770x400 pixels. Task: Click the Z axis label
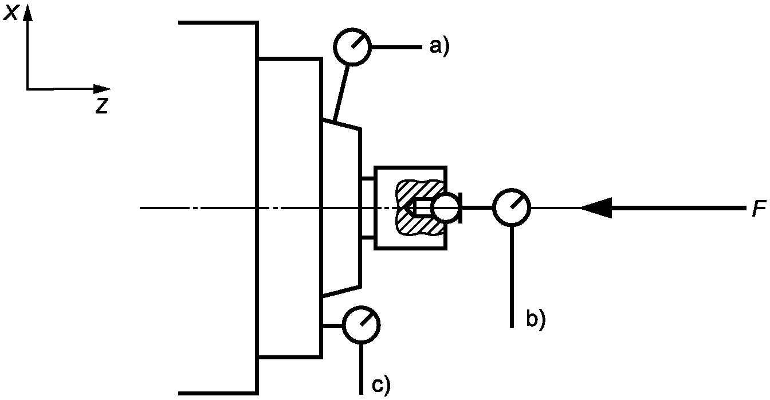click(x=102, y=106)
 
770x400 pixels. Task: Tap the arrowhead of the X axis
click(x=28, y=13)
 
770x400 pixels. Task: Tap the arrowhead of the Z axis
click(x=102, y=89)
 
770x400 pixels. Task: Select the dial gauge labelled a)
click(x=352, y=47)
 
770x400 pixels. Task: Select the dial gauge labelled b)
click(x=512, y=207)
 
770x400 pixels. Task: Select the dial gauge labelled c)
click(x=362, y=325)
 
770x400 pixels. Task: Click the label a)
click(x=439, y=47)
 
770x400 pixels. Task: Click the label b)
click(x=536, y=319)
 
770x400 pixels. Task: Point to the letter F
click(x=759, y=208)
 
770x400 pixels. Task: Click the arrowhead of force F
click(x=596, y=208)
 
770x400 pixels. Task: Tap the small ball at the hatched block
click(x=446, y=208)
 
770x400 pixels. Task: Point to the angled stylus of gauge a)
click(x=341, y=92)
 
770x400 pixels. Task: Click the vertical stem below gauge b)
click(x=512, y=277)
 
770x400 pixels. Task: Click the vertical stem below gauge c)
click(x=362, y=368)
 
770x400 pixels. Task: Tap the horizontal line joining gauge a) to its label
click(x=396, y=47)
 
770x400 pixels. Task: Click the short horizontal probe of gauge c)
click(x=332, y=325)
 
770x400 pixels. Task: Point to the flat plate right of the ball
click(x=460, y=208)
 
